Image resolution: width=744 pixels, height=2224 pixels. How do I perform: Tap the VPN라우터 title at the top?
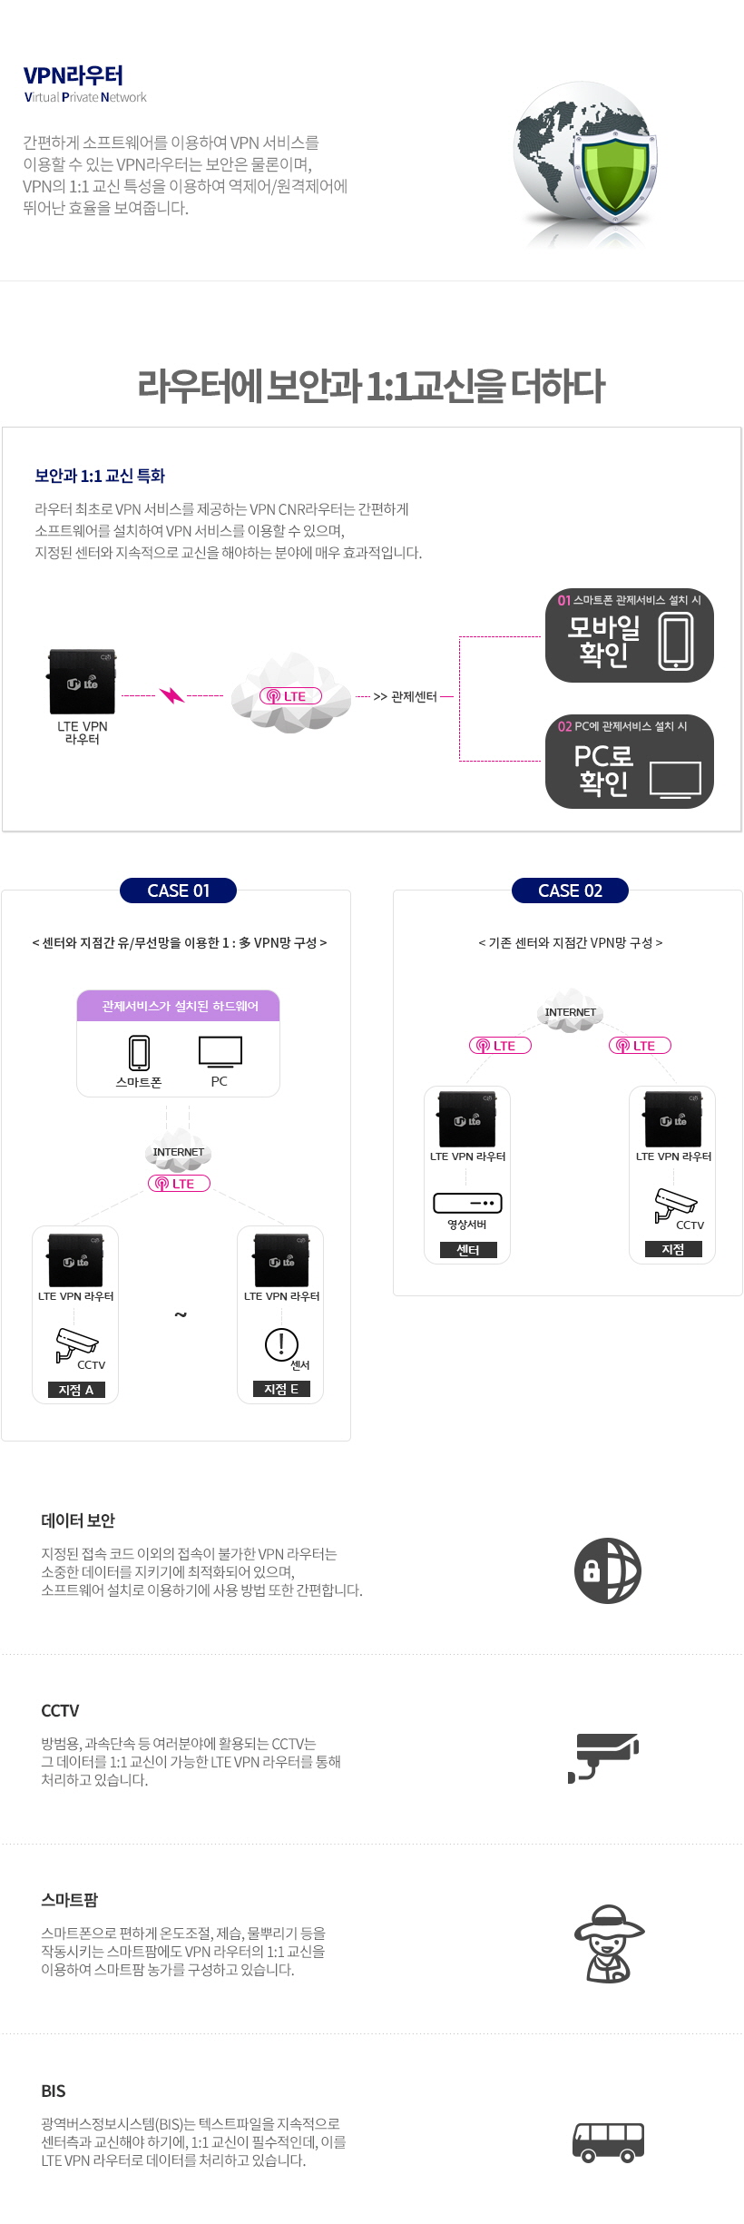point(73,75)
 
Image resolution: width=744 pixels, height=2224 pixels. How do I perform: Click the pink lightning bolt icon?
point(171,695)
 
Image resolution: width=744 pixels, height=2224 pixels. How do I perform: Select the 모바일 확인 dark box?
point(630,635)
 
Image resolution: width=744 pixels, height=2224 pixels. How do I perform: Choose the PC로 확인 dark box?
point(630,762)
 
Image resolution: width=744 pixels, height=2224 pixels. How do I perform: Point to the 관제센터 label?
point(414,696)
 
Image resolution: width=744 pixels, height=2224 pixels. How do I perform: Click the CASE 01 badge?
point(178,891)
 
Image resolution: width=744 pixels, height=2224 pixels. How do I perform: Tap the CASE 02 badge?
point(570,891)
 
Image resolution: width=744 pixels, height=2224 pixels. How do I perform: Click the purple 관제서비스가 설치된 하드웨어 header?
point(179,1006)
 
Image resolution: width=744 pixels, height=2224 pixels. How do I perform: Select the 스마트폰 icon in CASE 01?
point(139,1053)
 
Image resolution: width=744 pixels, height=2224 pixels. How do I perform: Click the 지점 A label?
point(75,1390)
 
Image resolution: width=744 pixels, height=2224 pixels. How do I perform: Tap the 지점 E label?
point(281,1389)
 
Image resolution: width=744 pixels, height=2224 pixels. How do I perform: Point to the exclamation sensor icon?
point(281,1344)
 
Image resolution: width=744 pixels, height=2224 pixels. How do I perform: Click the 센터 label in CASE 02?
point(467,1250)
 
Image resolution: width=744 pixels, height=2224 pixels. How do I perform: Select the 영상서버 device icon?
point(467,1203)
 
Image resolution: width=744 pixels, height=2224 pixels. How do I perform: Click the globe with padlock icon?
point(608,1570)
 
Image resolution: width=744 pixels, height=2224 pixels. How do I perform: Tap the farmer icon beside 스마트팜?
point(609,1944)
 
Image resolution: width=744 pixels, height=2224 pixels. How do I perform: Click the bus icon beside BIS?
point(608,2142)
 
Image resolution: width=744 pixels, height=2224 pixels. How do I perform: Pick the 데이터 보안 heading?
point(78,1520)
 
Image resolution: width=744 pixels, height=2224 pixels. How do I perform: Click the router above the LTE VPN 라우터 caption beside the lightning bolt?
point(82,682)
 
